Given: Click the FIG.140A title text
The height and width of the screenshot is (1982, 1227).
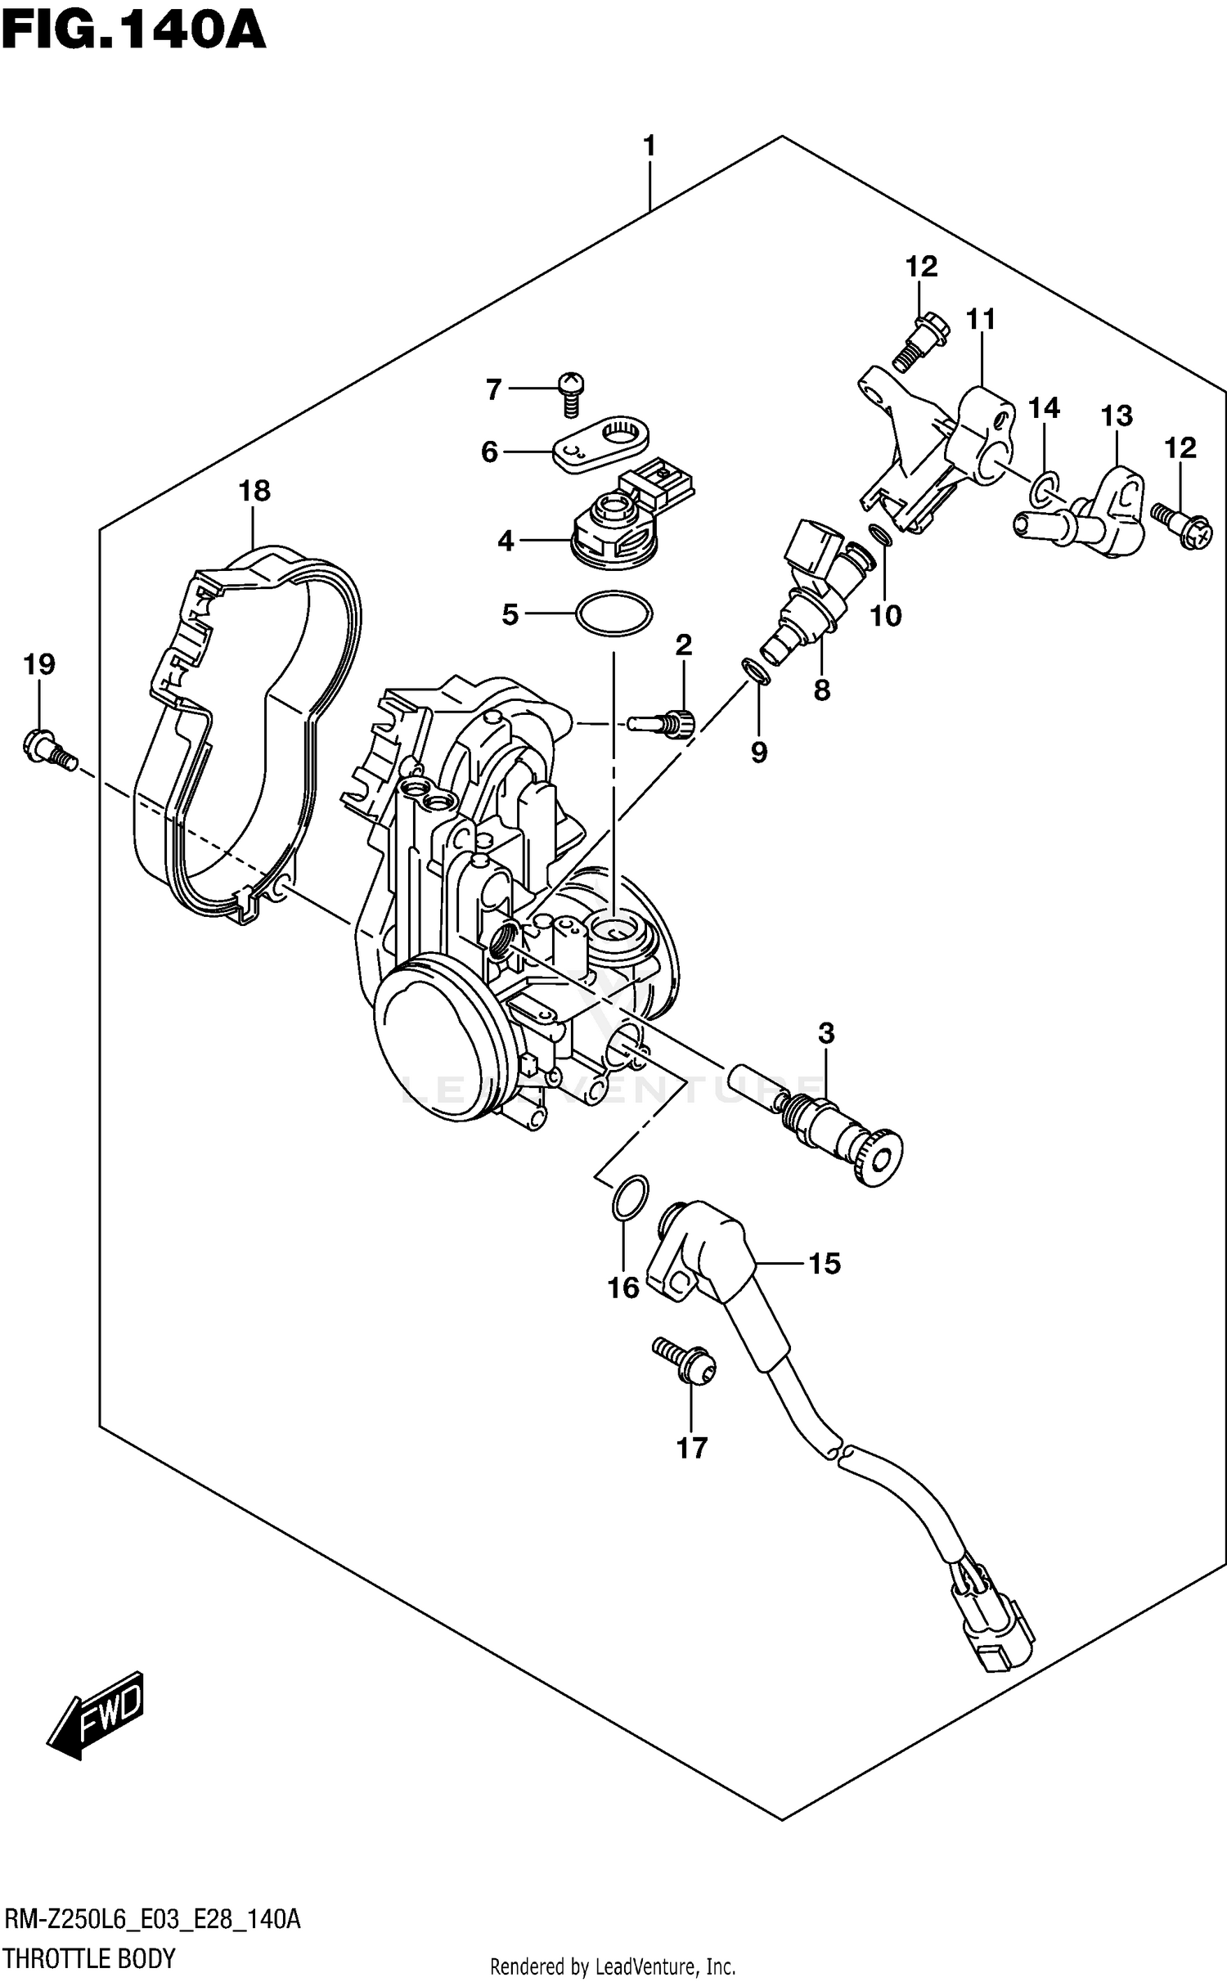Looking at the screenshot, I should [133, 31].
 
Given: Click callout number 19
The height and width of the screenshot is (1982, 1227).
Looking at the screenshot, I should [38, 664].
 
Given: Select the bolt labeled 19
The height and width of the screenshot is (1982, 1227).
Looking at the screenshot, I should [47, 748].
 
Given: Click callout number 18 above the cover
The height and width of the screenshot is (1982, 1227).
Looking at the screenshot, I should [254, 491].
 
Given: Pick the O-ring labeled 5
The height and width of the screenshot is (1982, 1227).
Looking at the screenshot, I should [613, 613].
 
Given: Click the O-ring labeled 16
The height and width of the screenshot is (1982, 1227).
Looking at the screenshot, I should [630, 1200].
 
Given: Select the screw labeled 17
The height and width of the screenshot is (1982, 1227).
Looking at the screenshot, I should [685, 1362].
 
